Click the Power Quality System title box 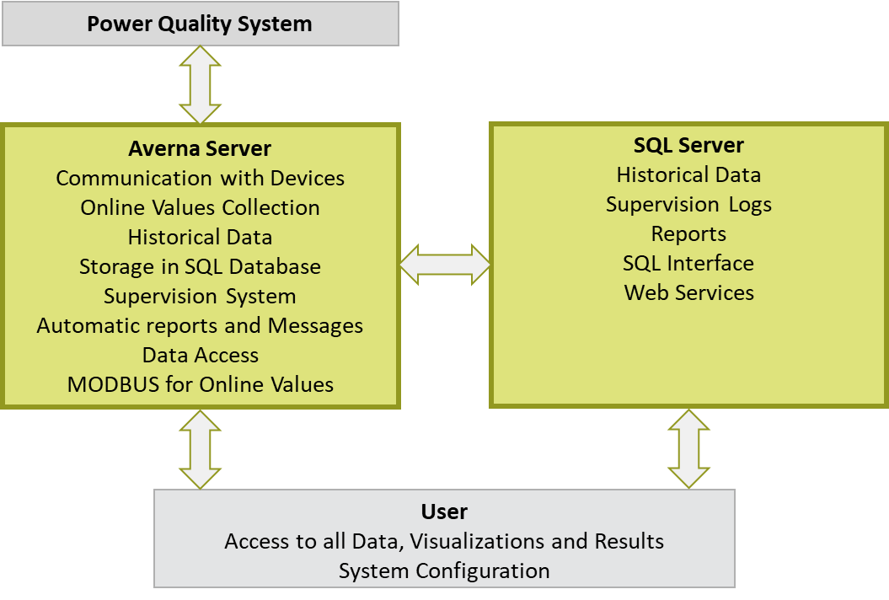tap(200, 24)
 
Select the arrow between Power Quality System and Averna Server tap(201, 85)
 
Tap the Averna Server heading tap(200, 149)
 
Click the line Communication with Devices tap(200, 179)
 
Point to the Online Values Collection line tap(200, 208)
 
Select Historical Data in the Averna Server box tap(200, 238)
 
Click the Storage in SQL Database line tap(200, 267)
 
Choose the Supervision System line tap(200, 297)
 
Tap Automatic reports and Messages tap(200, 326)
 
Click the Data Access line tap(200, 356)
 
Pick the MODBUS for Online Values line tap(200, 385)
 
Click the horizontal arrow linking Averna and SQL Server tap(445, 265)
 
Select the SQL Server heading tap(688, 145)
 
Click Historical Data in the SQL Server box tap(688, 175)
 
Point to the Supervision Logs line tap(688, 205)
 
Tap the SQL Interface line tap(688, 264)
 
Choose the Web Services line tap(688, 293)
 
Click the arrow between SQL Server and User tap(689, 448)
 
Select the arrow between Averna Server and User tap(201, 448)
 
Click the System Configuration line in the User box tap(444, 571)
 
